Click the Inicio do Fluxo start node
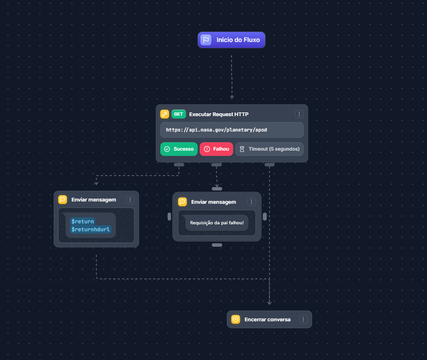(x=231, y=40)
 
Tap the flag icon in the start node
(x=206, y=40)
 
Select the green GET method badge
(x=178, y=114)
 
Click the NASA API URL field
(x=232, y=130)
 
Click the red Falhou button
(x=216, y=149)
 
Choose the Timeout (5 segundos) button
(x=269, y=149)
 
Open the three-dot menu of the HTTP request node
(x=299, y=114)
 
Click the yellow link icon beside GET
(x=164, y=114)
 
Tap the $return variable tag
(x=83, y=221)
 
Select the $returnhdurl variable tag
(x=91, y=229)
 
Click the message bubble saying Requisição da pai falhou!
(x=217, y=223)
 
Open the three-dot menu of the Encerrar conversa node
(x=303, y=319)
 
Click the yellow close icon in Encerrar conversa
(x=236, y=319)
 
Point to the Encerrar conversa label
(x=267, y=319)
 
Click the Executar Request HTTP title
(x=219, y=114)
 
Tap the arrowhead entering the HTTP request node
(x=232, y=97)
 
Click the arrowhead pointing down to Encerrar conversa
(x=269, y=303)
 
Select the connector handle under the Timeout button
(x=269, y=165)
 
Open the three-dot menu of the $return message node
(x=130, y=200)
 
